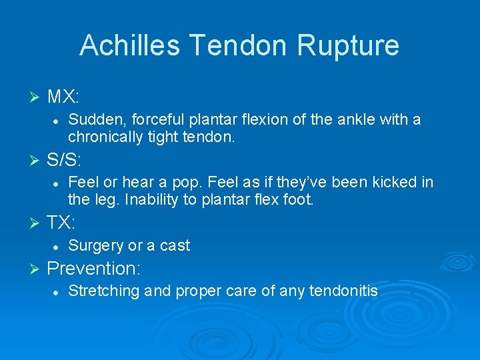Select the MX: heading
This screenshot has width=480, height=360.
click(x=63, y=97)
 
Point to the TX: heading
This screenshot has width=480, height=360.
click(x=62, y=222)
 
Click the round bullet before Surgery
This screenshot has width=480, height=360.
click(x=57, y=246)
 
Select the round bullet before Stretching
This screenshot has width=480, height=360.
click(x=57, y=291)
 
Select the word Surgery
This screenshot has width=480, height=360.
click(x=95, y=245)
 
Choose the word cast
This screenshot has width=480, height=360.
click(x=174, y=245)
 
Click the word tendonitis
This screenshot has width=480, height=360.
click(x=344, y=291)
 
